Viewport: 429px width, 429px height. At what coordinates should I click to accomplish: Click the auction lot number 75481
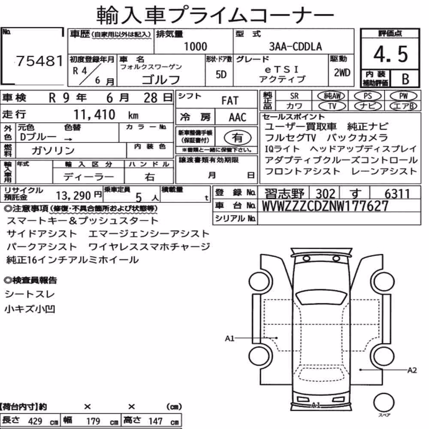(39, 61)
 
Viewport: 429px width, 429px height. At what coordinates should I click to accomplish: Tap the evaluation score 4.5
(390, 54)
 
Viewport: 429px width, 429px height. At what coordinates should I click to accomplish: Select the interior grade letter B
(405, 79)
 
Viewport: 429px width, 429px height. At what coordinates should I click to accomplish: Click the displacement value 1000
(195, 46)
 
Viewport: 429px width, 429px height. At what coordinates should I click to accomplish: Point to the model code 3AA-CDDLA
(296, 46)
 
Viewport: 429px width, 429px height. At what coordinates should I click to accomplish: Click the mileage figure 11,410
(94, 115)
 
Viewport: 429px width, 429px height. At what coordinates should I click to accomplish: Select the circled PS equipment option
(368, 96)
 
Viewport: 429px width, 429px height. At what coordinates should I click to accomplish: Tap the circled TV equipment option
(332, 106)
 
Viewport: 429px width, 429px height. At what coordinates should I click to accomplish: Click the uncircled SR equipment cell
(294, 96)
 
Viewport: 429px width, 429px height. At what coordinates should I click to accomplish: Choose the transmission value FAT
(230, 101)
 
